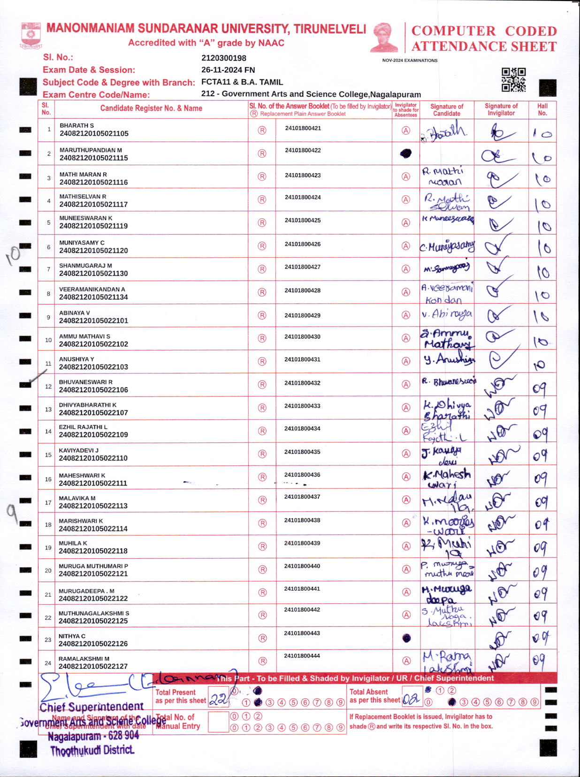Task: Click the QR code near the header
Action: pyautogui.click(x=513, y=80)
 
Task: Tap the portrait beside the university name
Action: pyautogui.click(x=384, y=37)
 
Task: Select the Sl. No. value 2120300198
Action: pyautogui.click(x=224, y=58)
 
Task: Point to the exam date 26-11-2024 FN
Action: pyautogui.click(x=228, y=70)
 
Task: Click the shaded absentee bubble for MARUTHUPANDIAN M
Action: pyautogui.click(x=406, y=153)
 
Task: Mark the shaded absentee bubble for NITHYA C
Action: pyautogui.click(x=406, y=638)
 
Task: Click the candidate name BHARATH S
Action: pyautogui.click(x=76, y=126)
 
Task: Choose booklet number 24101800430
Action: pyautogui.click(x=302, y=337)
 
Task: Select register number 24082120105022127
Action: pyautogui.click(x=93, y=666)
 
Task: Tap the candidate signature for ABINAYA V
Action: pyautogui.click(x=447, y=314)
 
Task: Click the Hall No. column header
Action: pyautogui.click(x=542, y=109)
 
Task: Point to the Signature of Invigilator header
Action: pyautogui.click(x=501, y=109)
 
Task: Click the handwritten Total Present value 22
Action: pyautogui.click(x=218, y=700)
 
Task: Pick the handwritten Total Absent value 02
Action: pyautogui.click(x=411, y=700)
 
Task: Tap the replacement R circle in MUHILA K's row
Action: pyautogui.click(x=262, y=547)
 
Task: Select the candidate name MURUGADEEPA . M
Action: pyautogui.click(x=86, y=591)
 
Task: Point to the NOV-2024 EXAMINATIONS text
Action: pyautogui.click(x=410, y=61)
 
